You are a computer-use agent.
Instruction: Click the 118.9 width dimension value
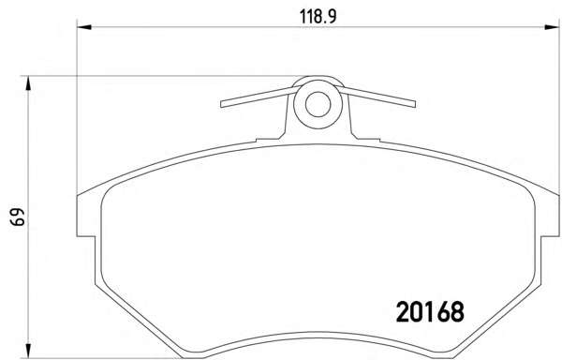coord(318,17)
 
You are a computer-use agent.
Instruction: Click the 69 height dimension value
coord(18,217)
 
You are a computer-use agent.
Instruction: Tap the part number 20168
coord(430,311)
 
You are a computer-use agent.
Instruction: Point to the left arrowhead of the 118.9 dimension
coord(84,27)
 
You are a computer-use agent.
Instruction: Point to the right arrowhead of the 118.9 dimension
coord(552,27)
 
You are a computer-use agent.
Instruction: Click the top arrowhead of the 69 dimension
coord(27,83)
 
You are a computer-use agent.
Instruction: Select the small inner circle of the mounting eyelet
coord(318,104)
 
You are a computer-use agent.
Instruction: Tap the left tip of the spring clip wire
coord(222,104)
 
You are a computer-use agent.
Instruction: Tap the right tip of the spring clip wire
coord(414,104)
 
